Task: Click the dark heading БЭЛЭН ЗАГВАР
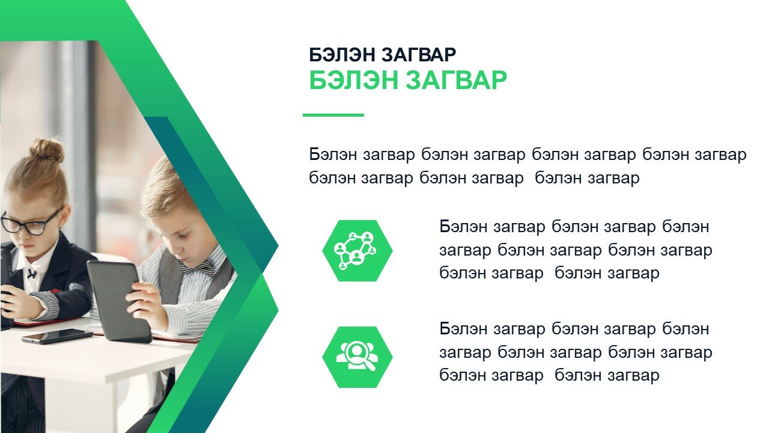[383, 55]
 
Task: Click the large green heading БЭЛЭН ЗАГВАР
[408, 80]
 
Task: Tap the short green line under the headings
[333, 115]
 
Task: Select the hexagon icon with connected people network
[357, 251]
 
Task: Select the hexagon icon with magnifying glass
[357, 357]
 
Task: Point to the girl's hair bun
[47, 150]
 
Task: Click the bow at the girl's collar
[32, 274]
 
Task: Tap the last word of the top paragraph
[613, 179]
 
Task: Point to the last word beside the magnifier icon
[633, 375]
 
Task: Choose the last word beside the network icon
[633, 273]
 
